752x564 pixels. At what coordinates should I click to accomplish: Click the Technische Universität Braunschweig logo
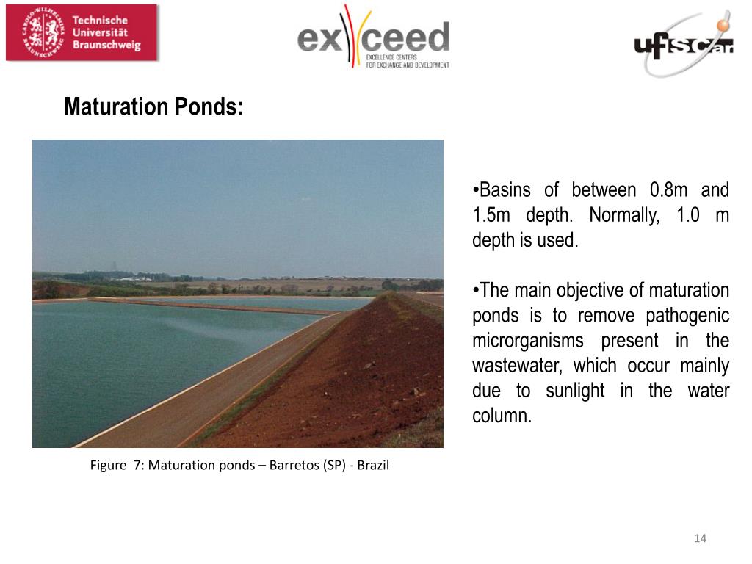pyautogui.click(x=82, y=32)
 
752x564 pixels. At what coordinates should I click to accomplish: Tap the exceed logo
pyautogui.click(x=373, y=37)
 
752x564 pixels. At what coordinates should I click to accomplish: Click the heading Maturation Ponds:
pyautogui.click(x=153, y=107)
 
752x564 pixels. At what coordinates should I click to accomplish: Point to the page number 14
pyautogui.click(x=700, y=539)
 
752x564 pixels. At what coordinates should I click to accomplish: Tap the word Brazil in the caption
pyautogui.click(x=373, y=466)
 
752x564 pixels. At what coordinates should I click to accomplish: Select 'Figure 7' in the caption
pyautogui.click(x=116, y=466)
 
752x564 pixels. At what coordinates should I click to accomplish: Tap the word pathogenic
pyautogui.click(x=687, y=316)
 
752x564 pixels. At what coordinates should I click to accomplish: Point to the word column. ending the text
pyautogui.click(x=501, y=416)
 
